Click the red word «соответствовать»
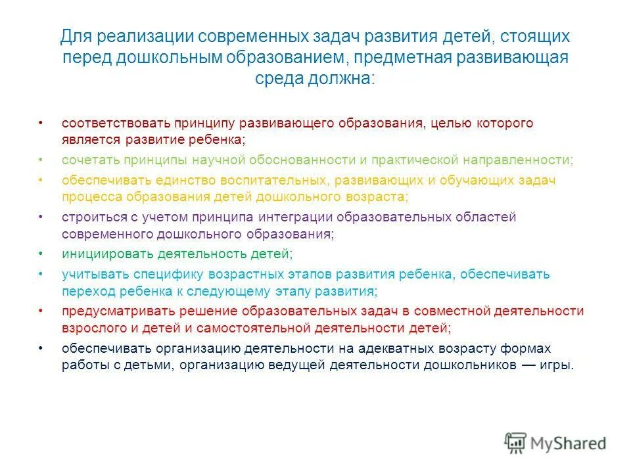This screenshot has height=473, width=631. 108,124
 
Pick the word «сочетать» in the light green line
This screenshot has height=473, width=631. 86,160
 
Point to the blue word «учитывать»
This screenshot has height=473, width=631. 89,274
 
